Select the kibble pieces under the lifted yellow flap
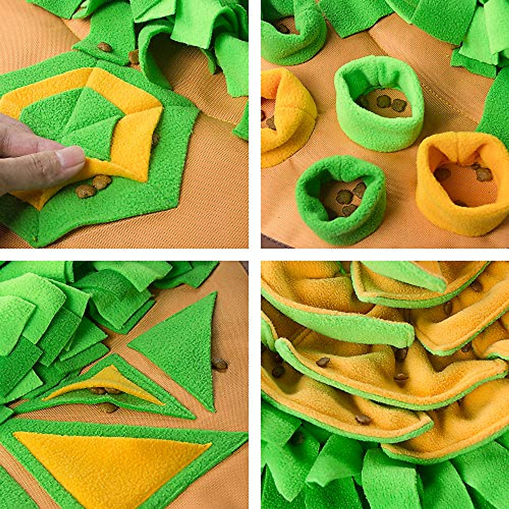(93, 187)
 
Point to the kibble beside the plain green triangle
(219, 364)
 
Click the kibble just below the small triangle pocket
(108, 408)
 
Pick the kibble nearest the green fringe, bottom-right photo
(363, 420)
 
